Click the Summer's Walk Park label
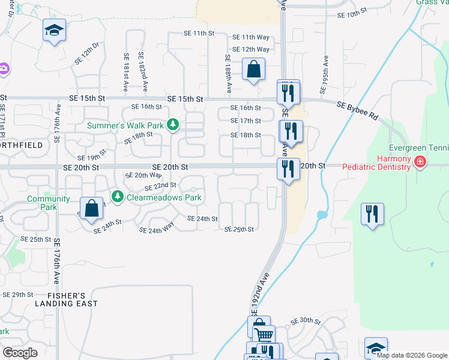(x=125, y=125)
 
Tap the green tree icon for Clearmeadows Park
(x=118, y=196)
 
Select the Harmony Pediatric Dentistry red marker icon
(x=420, y=161)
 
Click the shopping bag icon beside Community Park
(x=92, y=209)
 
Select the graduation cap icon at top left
(x=54, y=30)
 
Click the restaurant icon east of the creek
(x=372, y=214)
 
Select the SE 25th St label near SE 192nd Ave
(x=239, y=229)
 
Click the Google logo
(x=20, y=353)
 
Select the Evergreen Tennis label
(x=418, y=148)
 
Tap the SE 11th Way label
(x=250, y=37)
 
